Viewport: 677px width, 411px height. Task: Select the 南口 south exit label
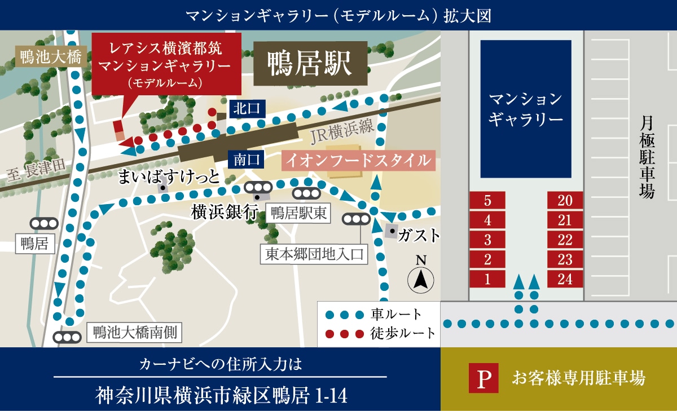point(247,160)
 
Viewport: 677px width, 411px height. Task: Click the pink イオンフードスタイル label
point(359,161)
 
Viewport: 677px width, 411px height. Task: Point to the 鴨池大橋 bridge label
point(51,56)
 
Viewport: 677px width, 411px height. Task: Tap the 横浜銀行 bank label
point(224,213)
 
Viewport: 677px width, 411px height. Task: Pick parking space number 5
point(487,201)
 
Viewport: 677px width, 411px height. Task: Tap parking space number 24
point(565,279)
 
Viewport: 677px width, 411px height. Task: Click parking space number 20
point(565,201)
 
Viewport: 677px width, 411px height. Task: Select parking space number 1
point(487,279)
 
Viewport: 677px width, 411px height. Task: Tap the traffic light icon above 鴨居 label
point(44,224)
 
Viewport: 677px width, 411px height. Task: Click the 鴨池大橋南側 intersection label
point(135,332)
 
